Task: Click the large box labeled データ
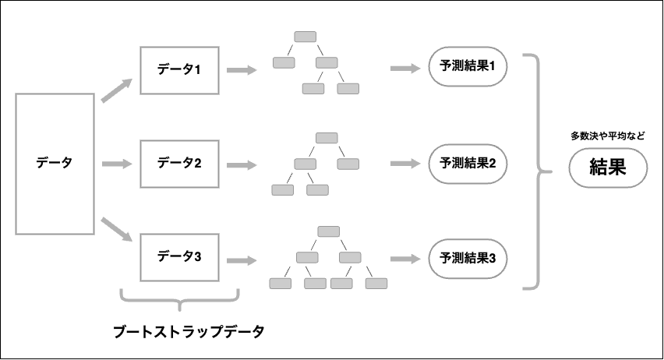point(55,164)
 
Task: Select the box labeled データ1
point(179,70)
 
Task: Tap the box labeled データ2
point(179,164)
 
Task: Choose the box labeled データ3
point(179,257)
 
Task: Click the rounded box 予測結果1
point(468,68)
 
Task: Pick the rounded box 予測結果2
point(468,164)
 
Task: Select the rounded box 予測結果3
point(468,258)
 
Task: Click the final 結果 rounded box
point(608,168)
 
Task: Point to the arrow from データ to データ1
point(117,89)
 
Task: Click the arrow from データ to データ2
point(118,164)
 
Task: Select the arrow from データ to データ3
point(117,231)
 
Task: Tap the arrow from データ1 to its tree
point(242,70)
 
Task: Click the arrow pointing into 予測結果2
point(404,164)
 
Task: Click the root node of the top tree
point(306,37)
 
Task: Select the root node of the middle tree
point(327,138)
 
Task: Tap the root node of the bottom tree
point(328,231)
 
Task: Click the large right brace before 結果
point(538,171)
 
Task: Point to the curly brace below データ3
point(179,299)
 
